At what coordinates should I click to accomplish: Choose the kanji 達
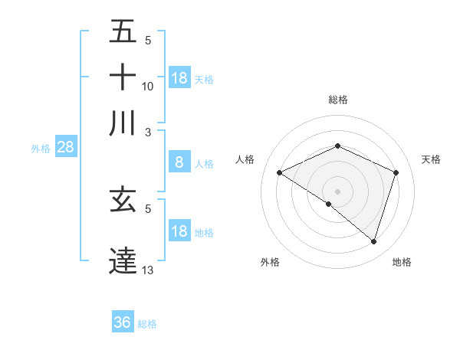[123, 260]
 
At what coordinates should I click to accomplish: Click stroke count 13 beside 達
[148, 270]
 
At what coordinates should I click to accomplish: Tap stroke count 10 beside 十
[148, 86]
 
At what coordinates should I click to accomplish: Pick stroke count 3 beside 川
[148, 132]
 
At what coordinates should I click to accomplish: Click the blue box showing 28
[65, 148]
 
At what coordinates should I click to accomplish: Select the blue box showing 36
[123, 322]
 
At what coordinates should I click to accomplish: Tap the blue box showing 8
[179, 162]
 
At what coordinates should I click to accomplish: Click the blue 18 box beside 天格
[179, 78]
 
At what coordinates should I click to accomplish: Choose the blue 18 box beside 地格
[179, 231]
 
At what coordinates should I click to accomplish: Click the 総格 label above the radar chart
[338, 100]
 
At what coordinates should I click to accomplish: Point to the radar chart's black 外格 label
[270, 262]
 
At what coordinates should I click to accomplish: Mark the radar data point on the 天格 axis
[396, 172]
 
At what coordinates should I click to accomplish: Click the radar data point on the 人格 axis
[280, 172]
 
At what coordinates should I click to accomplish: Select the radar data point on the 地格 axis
[374, 241]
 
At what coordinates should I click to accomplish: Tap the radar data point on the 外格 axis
[329, 205]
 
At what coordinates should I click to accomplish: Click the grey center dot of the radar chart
[338, 191]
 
